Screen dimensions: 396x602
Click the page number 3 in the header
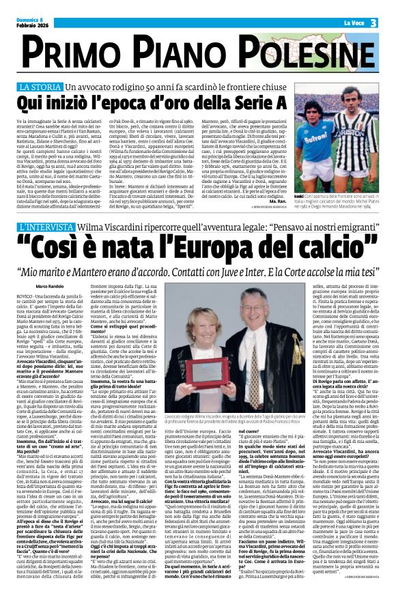click(374, 23)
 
